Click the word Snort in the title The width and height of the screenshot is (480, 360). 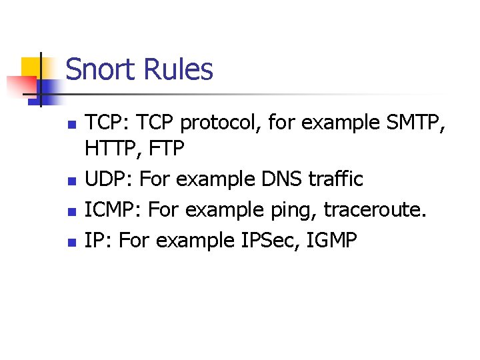point(98,70)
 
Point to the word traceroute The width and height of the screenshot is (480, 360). point(372,210)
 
